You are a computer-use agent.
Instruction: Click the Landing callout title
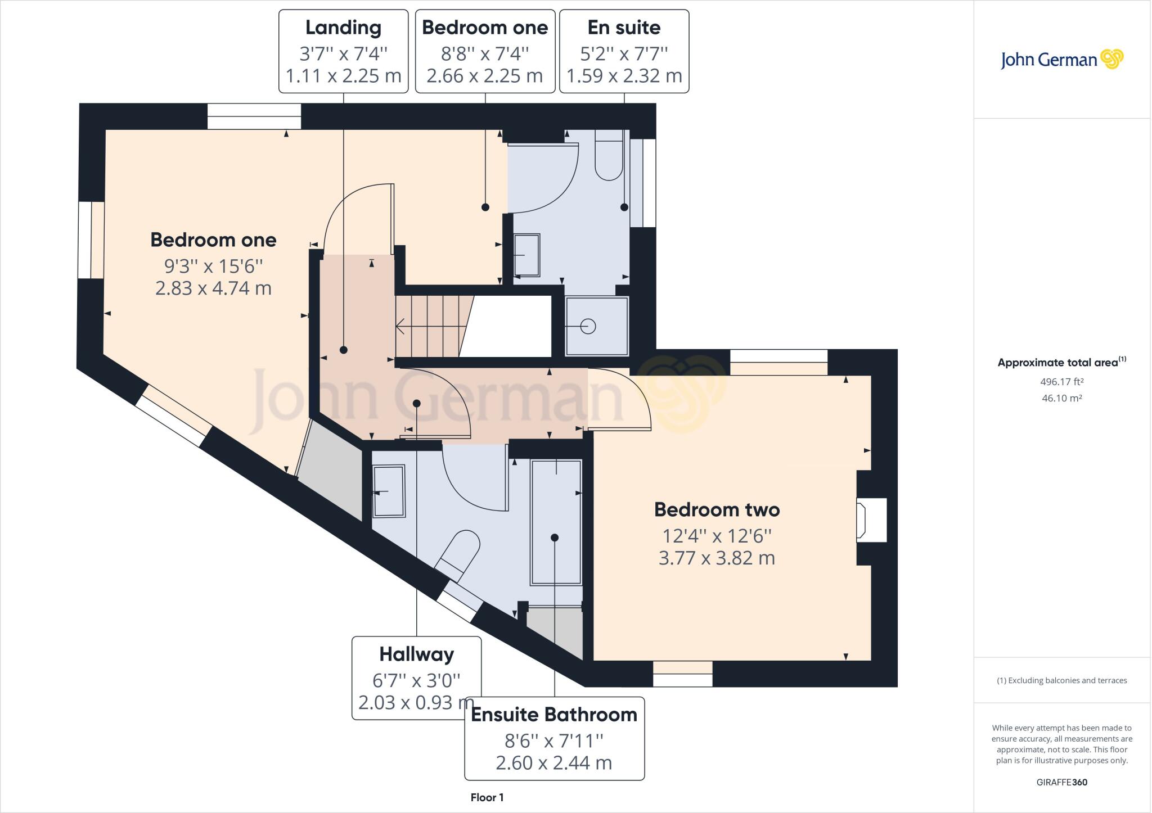pyautogui.click(x=343, y=28)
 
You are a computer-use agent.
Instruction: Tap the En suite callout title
pyautogui.click(x=624, y=28)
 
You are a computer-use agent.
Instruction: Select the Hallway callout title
pyautogui.click(x=416, y=654)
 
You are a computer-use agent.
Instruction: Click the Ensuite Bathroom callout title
pyautogui.click(x=554, y=715)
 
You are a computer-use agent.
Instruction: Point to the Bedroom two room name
pyautogui.click(x=717, y=510)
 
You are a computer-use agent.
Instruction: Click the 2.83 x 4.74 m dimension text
pyautogui.click(x=213, y=288)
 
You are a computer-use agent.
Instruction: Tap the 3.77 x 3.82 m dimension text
pyautogui.click(x=717, y=558)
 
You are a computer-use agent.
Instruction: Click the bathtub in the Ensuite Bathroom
pyautogui.click(x=556, y=522)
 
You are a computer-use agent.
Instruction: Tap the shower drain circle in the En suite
pyautogui.click(x=588, y=326)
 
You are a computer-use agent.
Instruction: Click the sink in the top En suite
pyautogui.click(x=527, y=255)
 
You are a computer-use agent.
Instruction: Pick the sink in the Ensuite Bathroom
pyautogui.click(x=389, y=491)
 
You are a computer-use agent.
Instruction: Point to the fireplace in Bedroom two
pyautogui.click(x=871, y=520)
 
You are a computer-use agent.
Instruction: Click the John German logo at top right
pyautogui.click(x=1061, y=60)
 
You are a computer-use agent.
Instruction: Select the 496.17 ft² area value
pyautogui.click(x=1061, y=382)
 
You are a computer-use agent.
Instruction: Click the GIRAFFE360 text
pyautogui.click(x=1061, y=782)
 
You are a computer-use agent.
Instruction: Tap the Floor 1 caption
pyautogui.click(x=487, y=797)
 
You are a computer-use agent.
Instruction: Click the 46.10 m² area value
pyautogui.click(x=1061, y=398)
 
